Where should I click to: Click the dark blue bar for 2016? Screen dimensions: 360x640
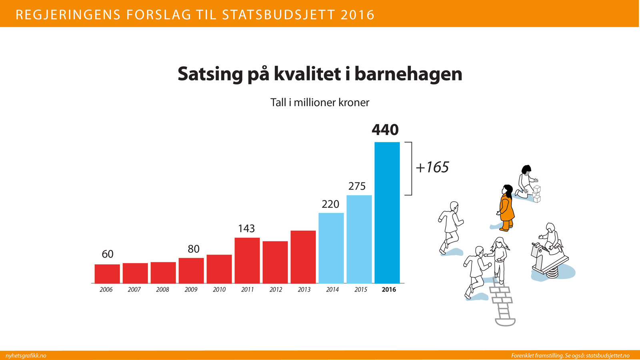pos(387,212)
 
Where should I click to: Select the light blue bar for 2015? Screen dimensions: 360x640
pos(359,239)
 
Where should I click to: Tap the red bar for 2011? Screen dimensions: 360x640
pos(247,260)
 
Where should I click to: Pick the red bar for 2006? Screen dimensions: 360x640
pos(107,274)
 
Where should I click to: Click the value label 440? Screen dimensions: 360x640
pos(385,130)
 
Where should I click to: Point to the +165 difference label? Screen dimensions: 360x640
pos(432,167)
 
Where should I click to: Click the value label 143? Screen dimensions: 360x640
pos(246,228)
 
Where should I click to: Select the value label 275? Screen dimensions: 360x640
pos(357,186)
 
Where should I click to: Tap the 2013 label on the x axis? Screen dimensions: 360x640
pos(304,290)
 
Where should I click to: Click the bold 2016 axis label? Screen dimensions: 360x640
pos(388,290)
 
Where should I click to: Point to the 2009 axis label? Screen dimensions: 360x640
pos(191,290)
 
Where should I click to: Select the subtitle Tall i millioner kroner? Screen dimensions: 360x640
pos(320,102)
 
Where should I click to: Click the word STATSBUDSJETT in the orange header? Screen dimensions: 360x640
pos(278,15)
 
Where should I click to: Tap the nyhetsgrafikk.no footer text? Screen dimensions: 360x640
pos(26,356)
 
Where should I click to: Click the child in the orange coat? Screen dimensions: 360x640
pos(506,208)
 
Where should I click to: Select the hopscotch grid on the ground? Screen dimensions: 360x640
pos(502,304)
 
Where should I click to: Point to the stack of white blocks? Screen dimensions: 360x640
pos(536,194)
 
